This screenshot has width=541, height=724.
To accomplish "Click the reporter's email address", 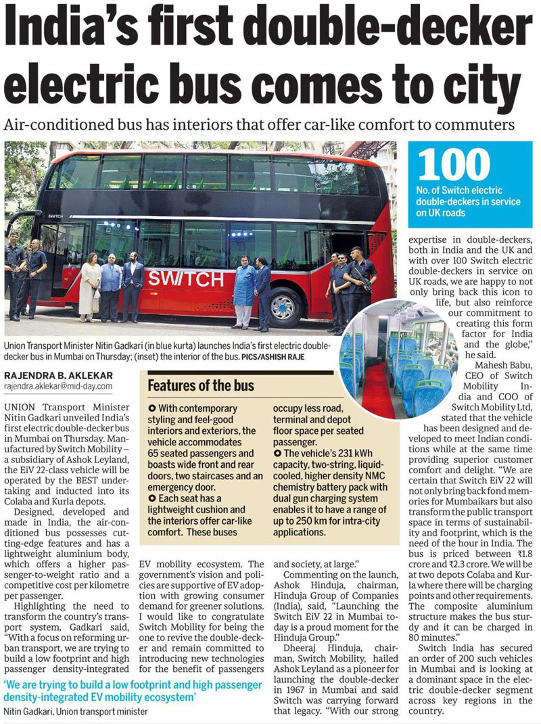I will pyautogui.click(x=58, y=386).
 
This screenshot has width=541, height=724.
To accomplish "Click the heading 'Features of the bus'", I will pyautogui.click(x=201, y=386).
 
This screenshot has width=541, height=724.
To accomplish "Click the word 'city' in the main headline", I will pyautogui.click(x=469, y=87).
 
